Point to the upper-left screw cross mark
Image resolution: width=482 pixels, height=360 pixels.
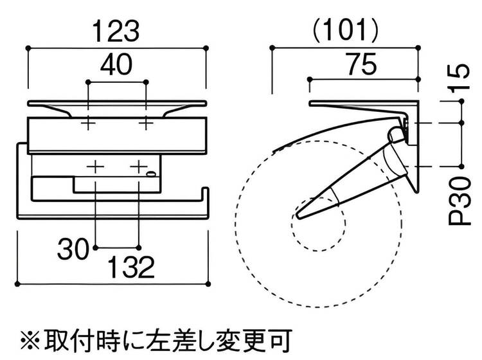(88, 122)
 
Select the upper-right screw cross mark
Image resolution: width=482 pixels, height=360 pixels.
(147, 122)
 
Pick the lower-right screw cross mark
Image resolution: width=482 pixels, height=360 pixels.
(139, 166)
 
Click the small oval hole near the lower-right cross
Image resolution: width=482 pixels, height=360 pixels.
(150, 174)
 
